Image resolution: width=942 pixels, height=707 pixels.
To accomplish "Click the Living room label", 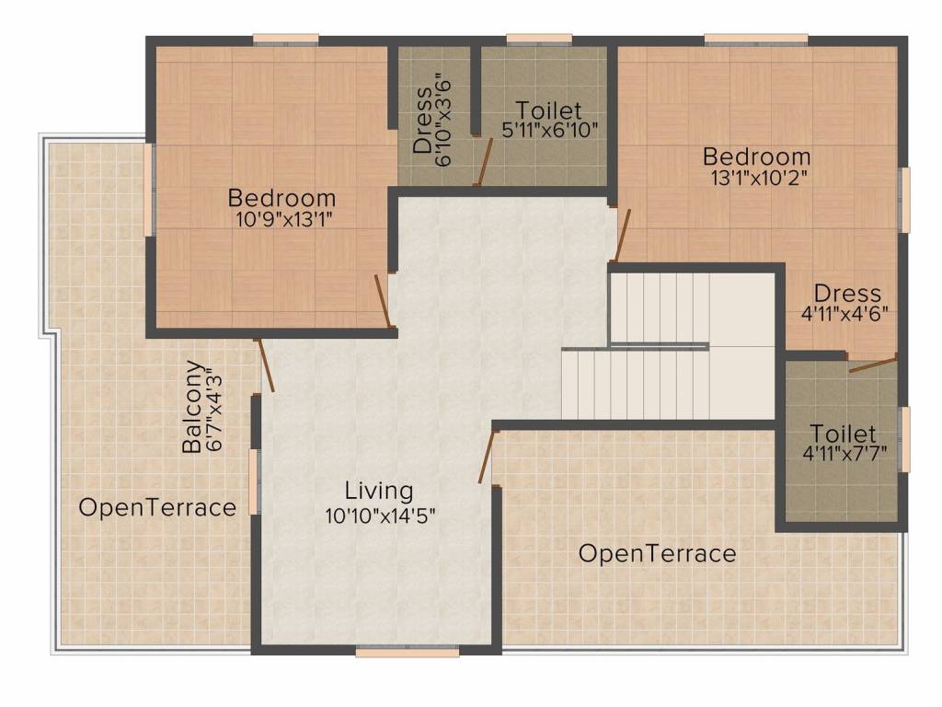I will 379,490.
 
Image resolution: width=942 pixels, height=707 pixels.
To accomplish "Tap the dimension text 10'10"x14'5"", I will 379,515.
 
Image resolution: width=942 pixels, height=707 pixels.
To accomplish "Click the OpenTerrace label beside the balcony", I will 157,507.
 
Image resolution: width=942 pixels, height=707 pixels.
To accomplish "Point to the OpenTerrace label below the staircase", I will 657,553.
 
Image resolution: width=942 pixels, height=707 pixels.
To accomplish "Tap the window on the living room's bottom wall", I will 407,652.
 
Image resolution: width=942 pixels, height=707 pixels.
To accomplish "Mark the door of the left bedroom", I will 384,301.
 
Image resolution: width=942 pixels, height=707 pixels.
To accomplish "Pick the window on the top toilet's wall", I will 539,39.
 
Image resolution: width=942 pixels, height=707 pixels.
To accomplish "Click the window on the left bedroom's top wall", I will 286,39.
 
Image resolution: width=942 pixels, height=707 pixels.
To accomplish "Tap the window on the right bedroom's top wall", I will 756,39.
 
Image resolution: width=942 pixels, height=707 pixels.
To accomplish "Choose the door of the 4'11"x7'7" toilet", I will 872,365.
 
